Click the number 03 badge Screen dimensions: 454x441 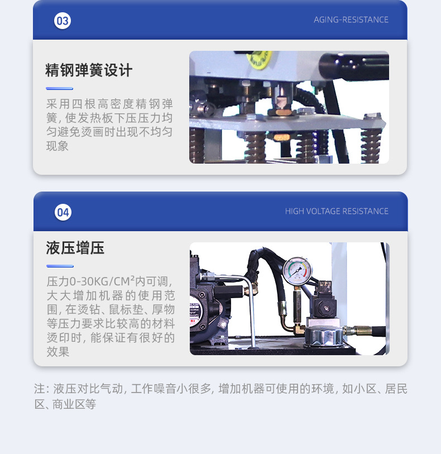point(63,21)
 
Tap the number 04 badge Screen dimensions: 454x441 point(63,212)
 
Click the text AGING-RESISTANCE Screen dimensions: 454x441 point(351,20)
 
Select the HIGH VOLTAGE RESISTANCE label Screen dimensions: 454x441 point(337,211)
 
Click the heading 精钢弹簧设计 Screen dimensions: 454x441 point(89,70)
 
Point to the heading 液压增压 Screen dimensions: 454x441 point(75,248)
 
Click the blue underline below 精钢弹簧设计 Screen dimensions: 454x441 point(60,88)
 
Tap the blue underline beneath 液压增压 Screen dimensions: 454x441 point(60,266)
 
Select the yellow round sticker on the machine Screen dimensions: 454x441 point(260,58)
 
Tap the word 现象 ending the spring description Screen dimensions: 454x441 point(57,146)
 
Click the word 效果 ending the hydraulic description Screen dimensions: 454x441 point(58,352)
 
